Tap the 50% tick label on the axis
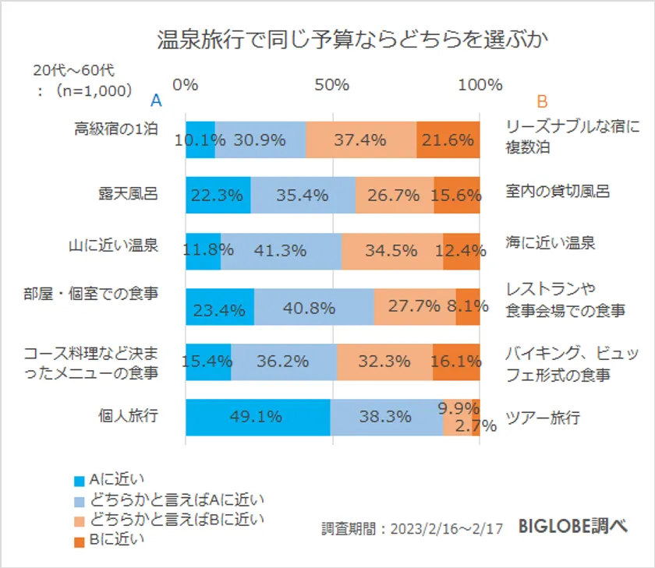click(332, 85)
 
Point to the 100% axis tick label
click(479, 85)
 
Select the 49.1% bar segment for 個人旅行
click(257, 417)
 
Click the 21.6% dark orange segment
click(448, 140)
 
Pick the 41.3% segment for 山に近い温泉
click(281, 250)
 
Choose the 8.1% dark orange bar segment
click(468, 306)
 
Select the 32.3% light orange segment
click(384, 362)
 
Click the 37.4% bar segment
click(361, 140)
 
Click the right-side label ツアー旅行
click(543, 418)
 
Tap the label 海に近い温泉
click(551, 243)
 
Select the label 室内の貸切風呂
click(557, 192)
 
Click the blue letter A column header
click(156, 101)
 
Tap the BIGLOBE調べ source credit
click(574, 527)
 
